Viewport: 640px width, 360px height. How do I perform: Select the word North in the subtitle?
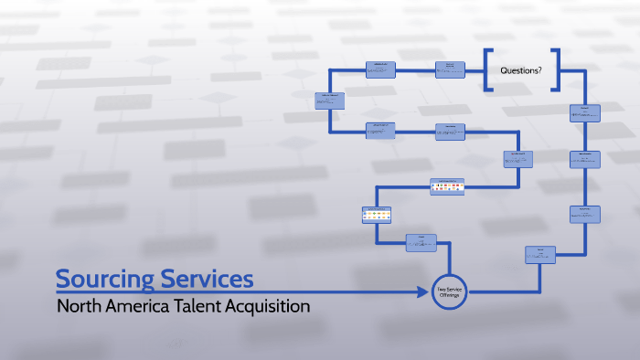click(x=78, y=306)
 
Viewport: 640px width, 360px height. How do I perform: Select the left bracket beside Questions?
click(x=490, y=70)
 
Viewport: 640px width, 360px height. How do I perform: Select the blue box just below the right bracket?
click(x=584, y=113)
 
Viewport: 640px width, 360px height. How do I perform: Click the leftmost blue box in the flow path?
click(x=330, y=101)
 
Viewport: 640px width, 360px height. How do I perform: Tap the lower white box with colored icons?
click(x=377, y=216)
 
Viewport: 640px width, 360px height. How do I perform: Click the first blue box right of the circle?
click(x=540, y=255)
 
